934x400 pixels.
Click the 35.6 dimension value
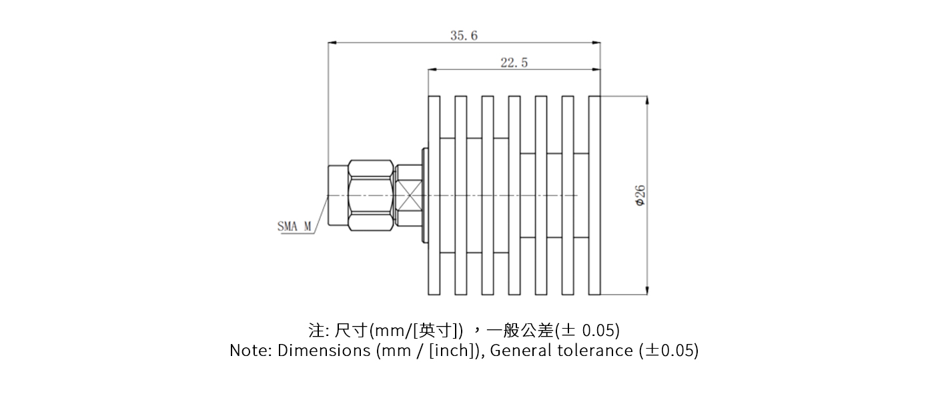464,36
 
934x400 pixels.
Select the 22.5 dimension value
514,63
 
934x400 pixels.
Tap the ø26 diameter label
639,195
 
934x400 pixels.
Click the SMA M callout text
294,226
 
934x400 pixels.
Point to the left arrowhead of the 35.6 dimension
332,43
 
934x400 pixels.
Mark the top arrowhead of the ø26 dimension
646,100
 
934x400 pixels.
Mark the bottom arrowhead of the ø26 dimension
646,291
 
